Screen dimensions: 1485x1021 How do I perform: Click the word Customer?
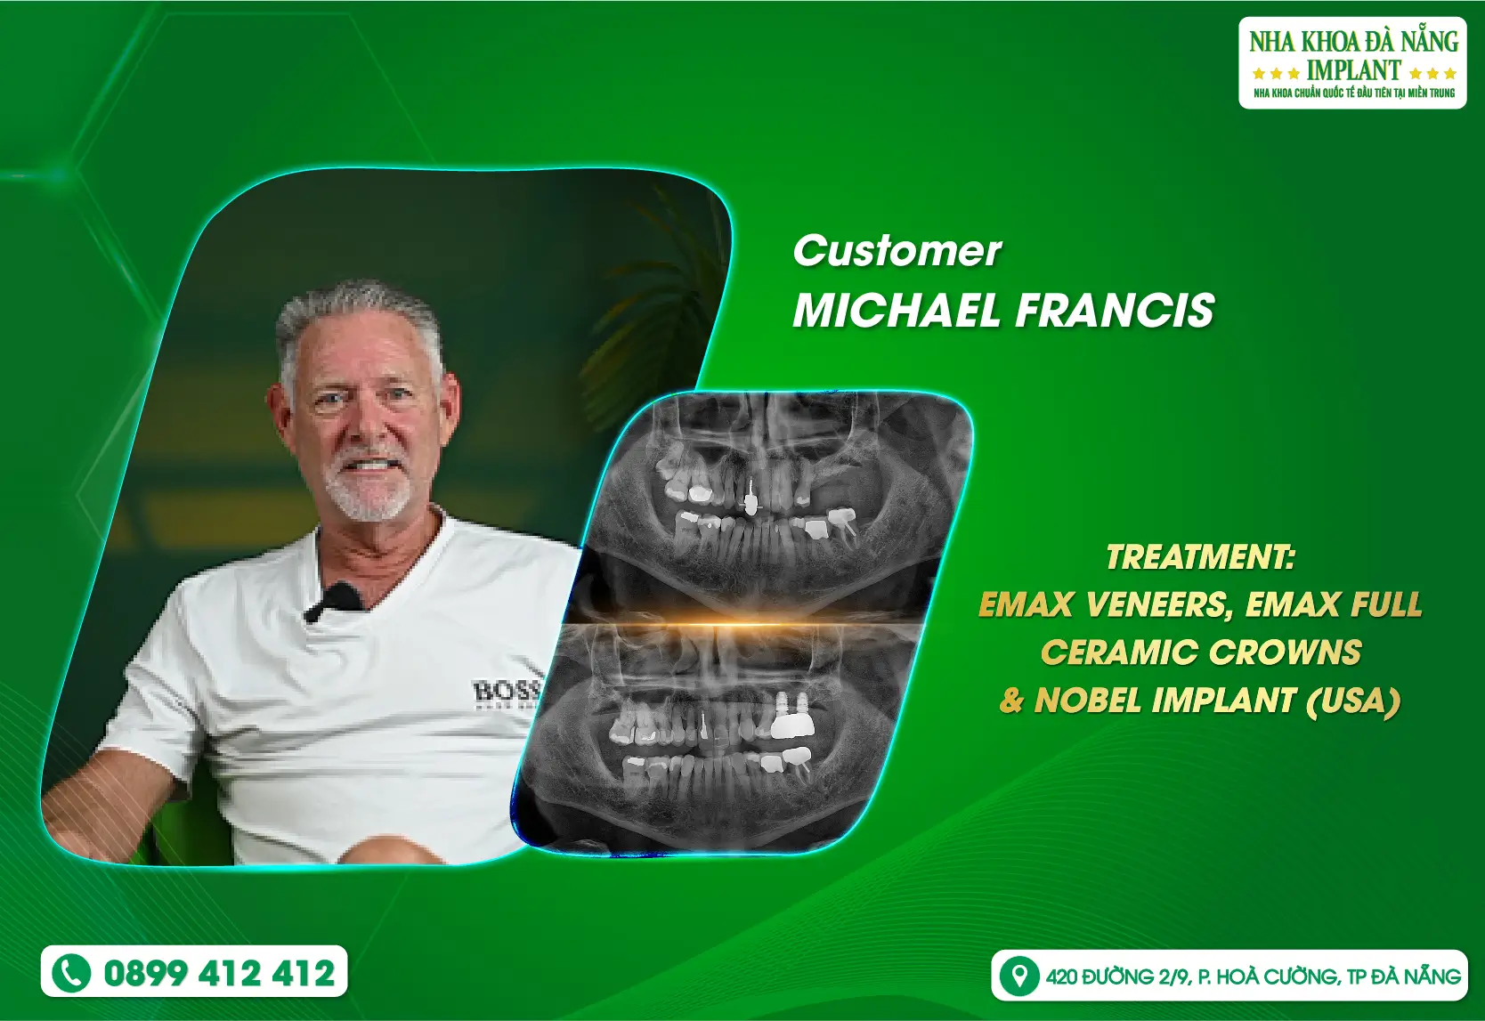[x=897, y=251]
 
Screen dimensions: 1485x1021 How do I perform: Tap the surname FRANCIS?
[x=1115, y=310]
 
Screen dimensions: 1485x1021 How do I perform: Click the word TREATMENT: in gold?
[x=1201, y=557]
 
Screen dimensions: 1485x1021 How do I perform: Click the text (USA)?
[x=1351, y=701]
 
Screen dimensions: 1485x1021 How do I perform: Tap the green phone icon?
[x=71, y=973]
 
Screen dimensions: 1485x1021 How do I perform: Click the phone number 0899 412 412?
[x=219, y=973]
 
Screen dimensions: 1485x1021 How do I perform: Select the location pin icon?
[x=1019, y=976]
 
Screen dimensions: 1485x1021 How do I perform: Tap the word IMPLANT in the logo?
[x=1353, y=70]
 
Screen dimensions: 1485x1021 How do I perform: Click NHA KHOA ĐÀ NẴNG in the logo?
[x=1353, y=42]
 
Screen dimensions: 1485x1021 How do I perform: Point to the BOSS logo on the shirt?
[x=506, y=692]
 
